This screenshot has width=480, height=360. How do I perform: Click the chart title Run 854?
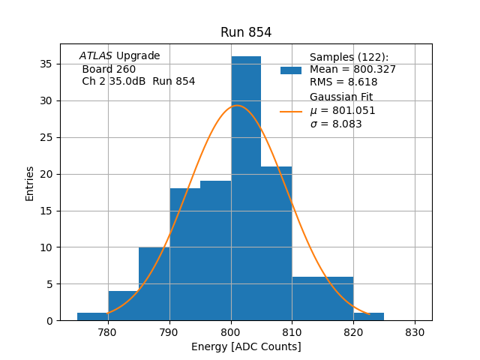[246, 32]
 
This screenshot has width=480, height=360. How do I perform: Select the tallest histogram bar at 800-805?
[246, 187]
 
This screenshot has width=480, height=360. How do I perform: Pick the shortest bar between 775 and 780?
[92, 316]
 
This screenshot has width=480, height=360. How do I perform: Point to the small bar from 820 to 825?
[368, 316]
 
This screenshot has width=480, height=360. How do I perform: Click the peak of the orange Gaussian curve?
[237, 105]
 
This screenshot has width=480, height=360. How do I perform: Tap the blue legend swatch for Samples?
[291, 70]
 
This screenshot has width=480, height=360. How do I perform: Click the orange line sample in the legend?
[291, 112]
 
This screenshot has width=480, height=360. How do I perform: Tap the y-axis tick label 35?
[66, 64]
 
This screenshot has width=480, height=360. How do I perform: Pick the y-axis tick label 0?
[69, 320]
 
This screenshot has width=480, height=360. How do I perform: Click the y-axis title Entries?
[30, 183]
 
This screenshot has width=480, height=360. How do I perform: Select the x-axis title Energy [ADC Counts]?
[246, 346]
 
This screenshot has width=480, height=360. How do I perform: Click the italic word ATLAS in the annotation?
[96, 56]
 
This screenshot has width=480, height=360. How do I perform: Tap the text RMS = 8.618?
[343, 82]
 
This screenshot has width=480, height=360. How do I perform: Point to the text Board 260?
[109, 69]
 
